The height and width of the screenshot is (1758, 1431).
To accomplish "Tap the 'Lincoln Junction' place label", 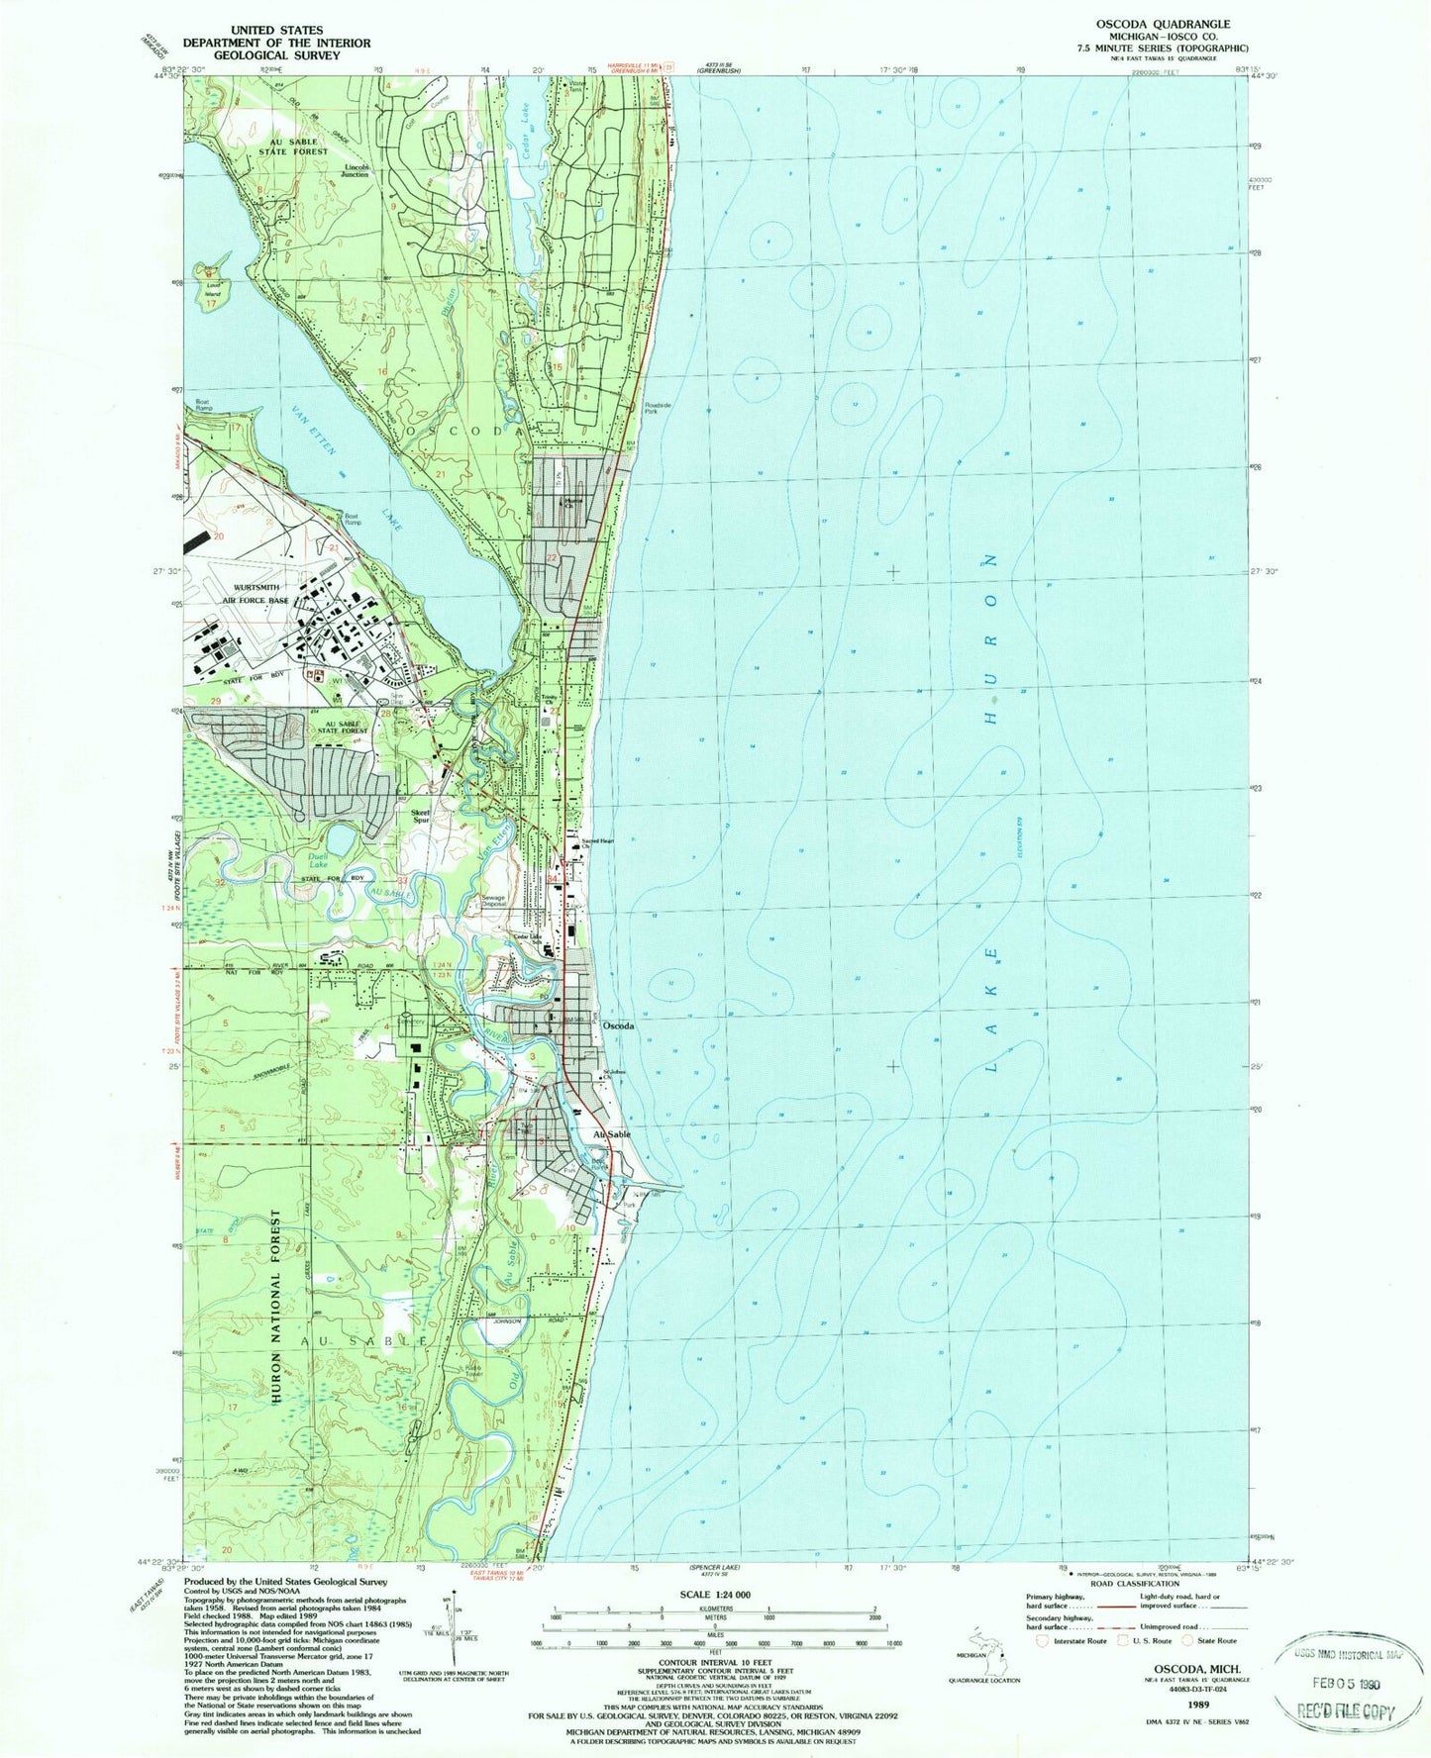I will pyautogui.click(x=362, y=169).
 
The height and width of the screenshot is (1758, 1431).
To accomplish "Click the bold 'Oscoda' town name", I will pyautogui.click(x=619, y=1026).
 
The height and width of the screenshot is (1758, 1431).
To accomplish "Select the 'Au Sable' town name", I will pyautogui.click(x=611, y=1134).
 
